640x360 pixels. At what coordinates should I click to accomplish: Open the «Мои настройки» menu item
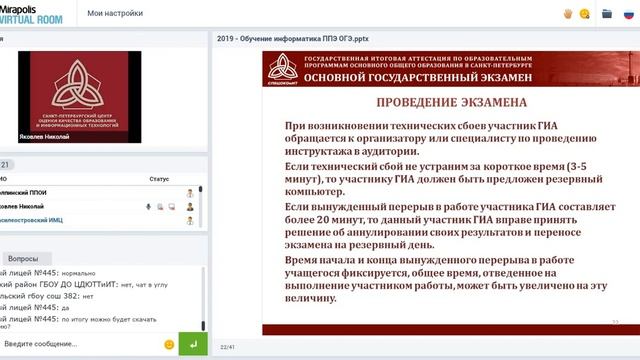pyautogui.click(x=115, y=14)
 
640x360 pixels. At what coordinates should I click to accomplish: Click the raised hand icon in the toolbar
pyautogui.click(x=567, y=14)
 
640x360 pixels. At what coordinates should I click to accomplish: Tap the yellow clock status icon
pyautogui.click(x=584, y=14)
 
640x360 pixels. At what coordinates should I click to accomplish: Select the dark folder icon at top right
pyautogui.click(x=606, y=14)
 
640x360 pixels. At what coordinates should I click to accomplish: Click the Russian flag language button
pyautogui.click(x=628, y=14)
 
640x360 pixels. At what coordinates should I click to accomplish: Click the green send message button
pyautogui.click(x=193, y=344)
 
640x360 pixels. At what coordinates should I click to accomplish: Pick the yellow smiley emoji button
pyautogui.click(x=169, y=344)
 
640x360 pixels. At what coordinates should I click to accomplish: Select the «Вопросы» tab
pyautogui.click(x=23, y=258)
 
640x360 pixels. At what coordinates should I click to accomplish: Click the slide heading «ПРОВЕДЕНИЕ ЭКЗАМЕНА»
pyautogui.click(x=431, y=103)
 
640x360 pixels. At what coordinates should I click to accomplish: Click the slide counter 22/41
pyautogui.click(x=227, y=346)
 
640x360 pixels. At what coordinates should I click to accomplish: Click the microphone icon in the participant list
pyautogui.click(x=148, y=206)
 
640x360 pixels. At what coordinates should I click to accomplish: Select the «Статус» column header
pyautogui.click(x=159, y=179)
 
